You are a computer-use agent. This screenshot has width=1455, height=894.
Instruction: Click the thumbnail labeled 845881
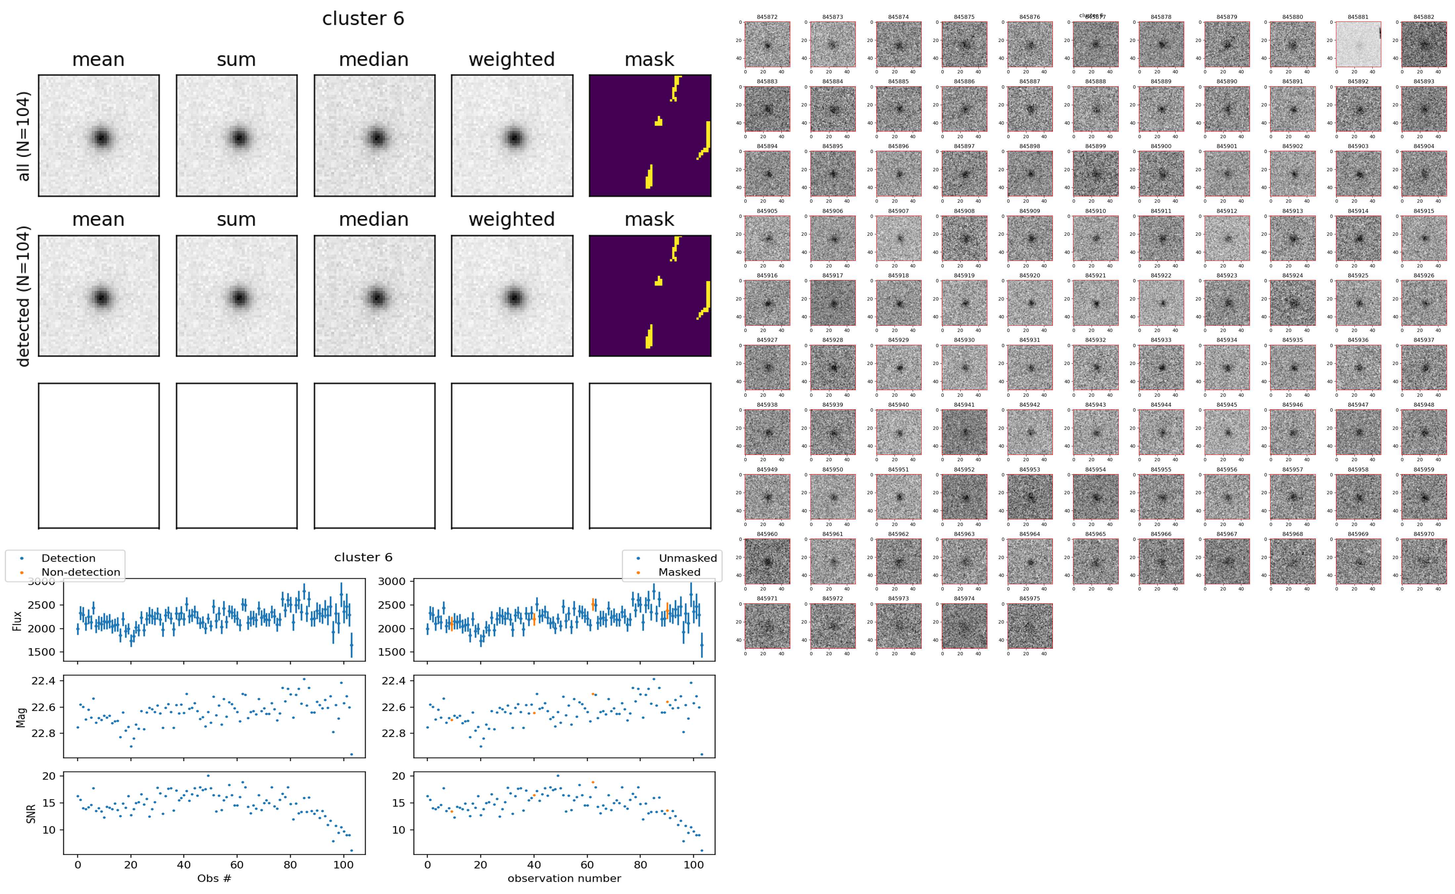(x=1358, y=44)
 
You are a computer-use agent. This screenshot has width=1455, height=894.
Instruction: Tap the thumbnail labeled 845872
(x=767, y=44)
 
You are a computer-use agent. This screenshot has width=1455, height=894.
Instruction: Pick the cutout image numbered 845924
(x=1292, y=303)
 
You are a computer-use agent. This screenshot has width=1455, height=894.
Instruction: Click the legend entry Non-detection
(x=80, y=572)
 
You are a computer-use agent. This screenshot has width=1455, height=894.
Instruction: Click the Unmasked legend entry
(x=687, y=558)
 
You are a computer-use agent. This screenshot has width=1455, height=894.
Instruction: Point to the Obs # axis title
(x=214, y=878)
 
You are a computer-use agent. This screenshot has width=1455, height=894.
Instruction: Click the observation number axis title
(x=564, y=878)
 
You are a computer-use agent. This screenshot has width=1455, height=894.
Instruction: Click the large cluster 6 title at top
(x=363, y=19)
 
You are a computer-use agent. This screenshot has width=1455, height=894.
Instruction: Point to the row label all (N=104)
(x=24, y=136)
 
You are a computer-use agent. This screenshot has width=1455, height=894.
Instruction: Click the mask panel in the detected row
(x=650, y=296)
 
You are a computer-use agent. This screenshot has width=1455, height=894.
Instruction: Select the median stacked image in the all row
(x=374, y=136)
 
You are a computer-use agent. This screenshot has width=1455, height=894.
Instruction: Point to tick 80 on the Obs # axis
(x=290, y=865)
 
